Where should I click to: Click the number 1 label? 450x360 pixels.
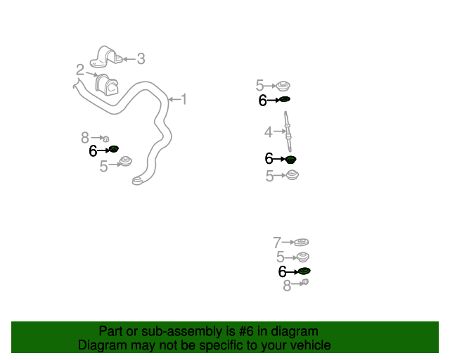[x=184, y=99]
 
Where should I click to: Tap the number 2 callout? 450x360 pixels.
[x=80, y=70]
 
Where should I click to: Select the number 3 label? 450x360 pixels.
[x=141, y=59]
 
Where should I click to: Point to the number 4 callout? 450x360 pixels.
[x=269, y=132]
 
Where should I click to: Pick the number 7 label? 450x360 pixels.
[x=277, y=243]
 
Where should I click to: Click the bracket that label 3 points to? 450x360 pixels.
[x=106, y=57]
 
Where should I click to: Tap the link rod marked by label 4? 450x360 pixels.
[x=288, y=131]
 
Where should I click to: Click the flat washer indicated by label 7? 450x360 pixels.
[x=302, y=242]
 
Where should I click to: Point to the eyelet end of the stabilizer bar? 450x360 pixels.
[x=137, y=181]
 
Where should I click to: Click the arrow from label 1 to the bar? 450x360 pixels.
[x=174, y=100]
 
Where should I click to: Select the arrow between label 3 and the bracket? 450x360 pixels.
[x=129, y=60]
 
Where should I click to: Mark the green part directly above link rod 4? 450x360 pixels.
[x=285, y=99]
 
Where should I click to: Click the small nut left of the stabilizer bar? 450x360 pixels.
[x=106, y=139]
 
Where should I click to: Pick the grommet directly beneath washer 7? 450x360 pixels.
[x=302, y=257]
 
